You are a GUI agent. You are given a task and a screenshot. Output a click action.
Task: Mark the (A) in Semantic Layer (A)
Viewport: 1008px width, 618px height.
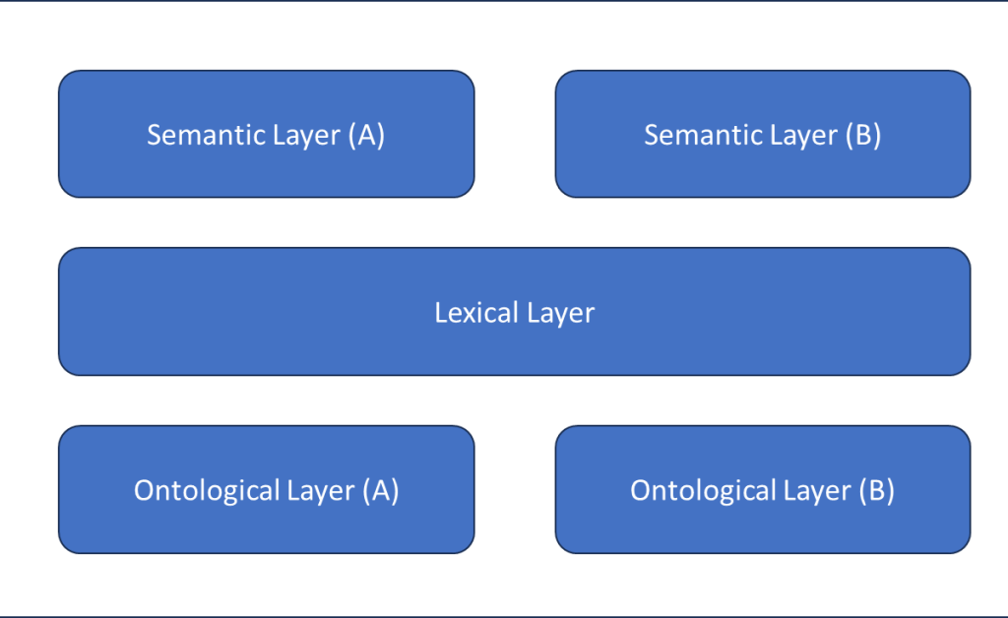[366, 135]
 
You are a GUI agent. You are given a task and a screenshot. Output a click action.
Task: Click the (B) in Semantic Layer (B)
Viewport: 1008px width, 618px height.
[862, 135]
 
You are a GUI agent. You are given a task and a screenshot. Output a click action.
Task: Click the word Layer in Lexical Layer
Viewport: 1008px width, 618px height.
[560, 313]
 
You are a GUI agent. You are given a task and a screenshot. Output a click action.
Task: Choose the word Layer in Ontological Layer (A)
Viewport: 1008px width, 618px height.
[321, 490]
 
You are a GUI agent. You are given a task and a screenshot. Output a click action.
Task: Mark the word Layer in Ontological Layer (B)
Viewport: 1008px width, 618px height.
[817, 490]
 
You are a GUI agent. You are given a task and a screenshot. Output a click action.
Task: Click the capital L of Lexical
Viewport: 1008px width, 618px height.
[441, 313]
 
